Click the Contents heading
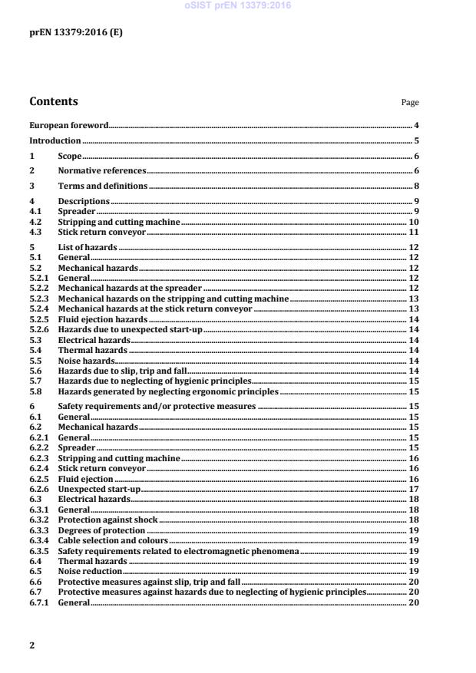pos(53,101)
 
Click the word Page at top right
pos(410,102)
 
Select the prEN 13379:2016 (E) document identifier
pos(75,32)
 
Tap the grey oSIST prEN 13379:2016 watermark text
pos(237,5)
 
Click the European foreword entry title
pos(69,125)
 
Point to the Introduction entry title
pos(55,141)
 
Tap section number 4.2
pos(35,222)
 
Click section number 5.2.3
pos(38,298)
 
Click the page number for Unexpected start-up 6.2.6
pos(414,488)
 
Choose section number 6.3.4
pos(38,540)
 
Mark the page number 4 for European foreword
pos(416,125)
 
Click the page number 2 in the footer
pos(31,645)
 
